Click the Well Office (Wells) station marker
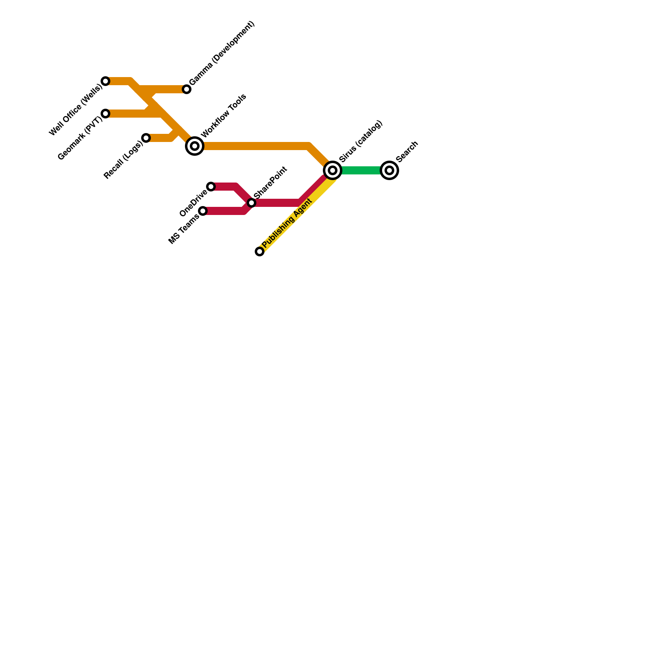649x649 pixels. coord(105,81)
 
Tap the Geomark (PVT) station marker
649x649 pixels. coord(105,114)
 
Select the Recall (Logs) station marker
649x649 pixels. coord(146,138)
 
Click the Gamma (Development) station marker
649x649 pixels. coord(187,89)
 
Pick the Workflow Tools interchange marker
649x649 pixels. coord(195,146)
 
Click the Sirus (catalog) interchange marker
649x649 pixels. coord(333,170)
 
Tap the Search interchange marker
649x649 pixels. coord(389,170)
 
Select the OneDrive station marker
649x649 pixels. coord(211,187)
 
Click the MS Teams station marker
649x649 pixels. coord(203,211)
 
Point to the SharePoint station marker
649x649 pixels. coord(251,203)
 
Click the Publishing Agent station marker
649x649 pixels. coord(260,251)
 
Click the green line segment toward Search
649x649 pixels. coord(361,170)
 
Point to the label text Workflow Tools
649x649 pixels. coord(223,116)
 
